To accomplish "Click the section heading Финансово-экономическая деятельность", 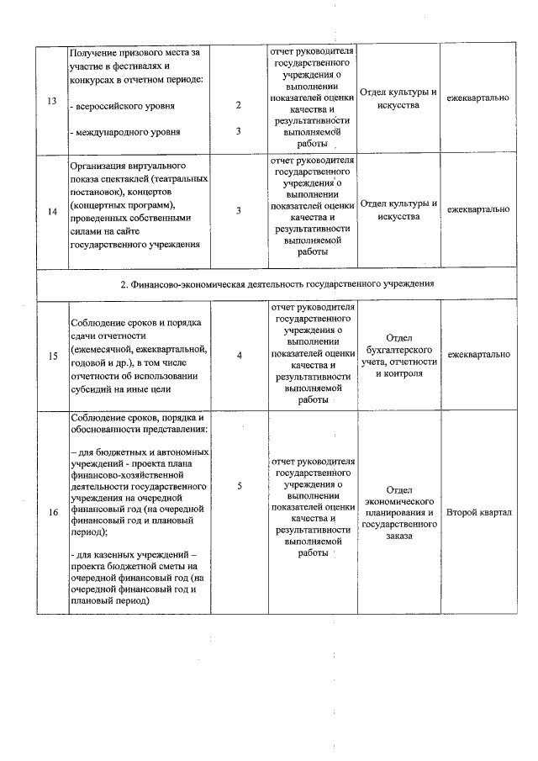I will tap(277, 283).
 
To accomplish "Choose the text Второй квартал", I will tap(479, 512).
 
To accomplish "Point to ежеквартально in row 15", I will tap(479, 355).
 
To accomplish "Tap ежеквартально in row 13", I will tap(479, 98).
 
